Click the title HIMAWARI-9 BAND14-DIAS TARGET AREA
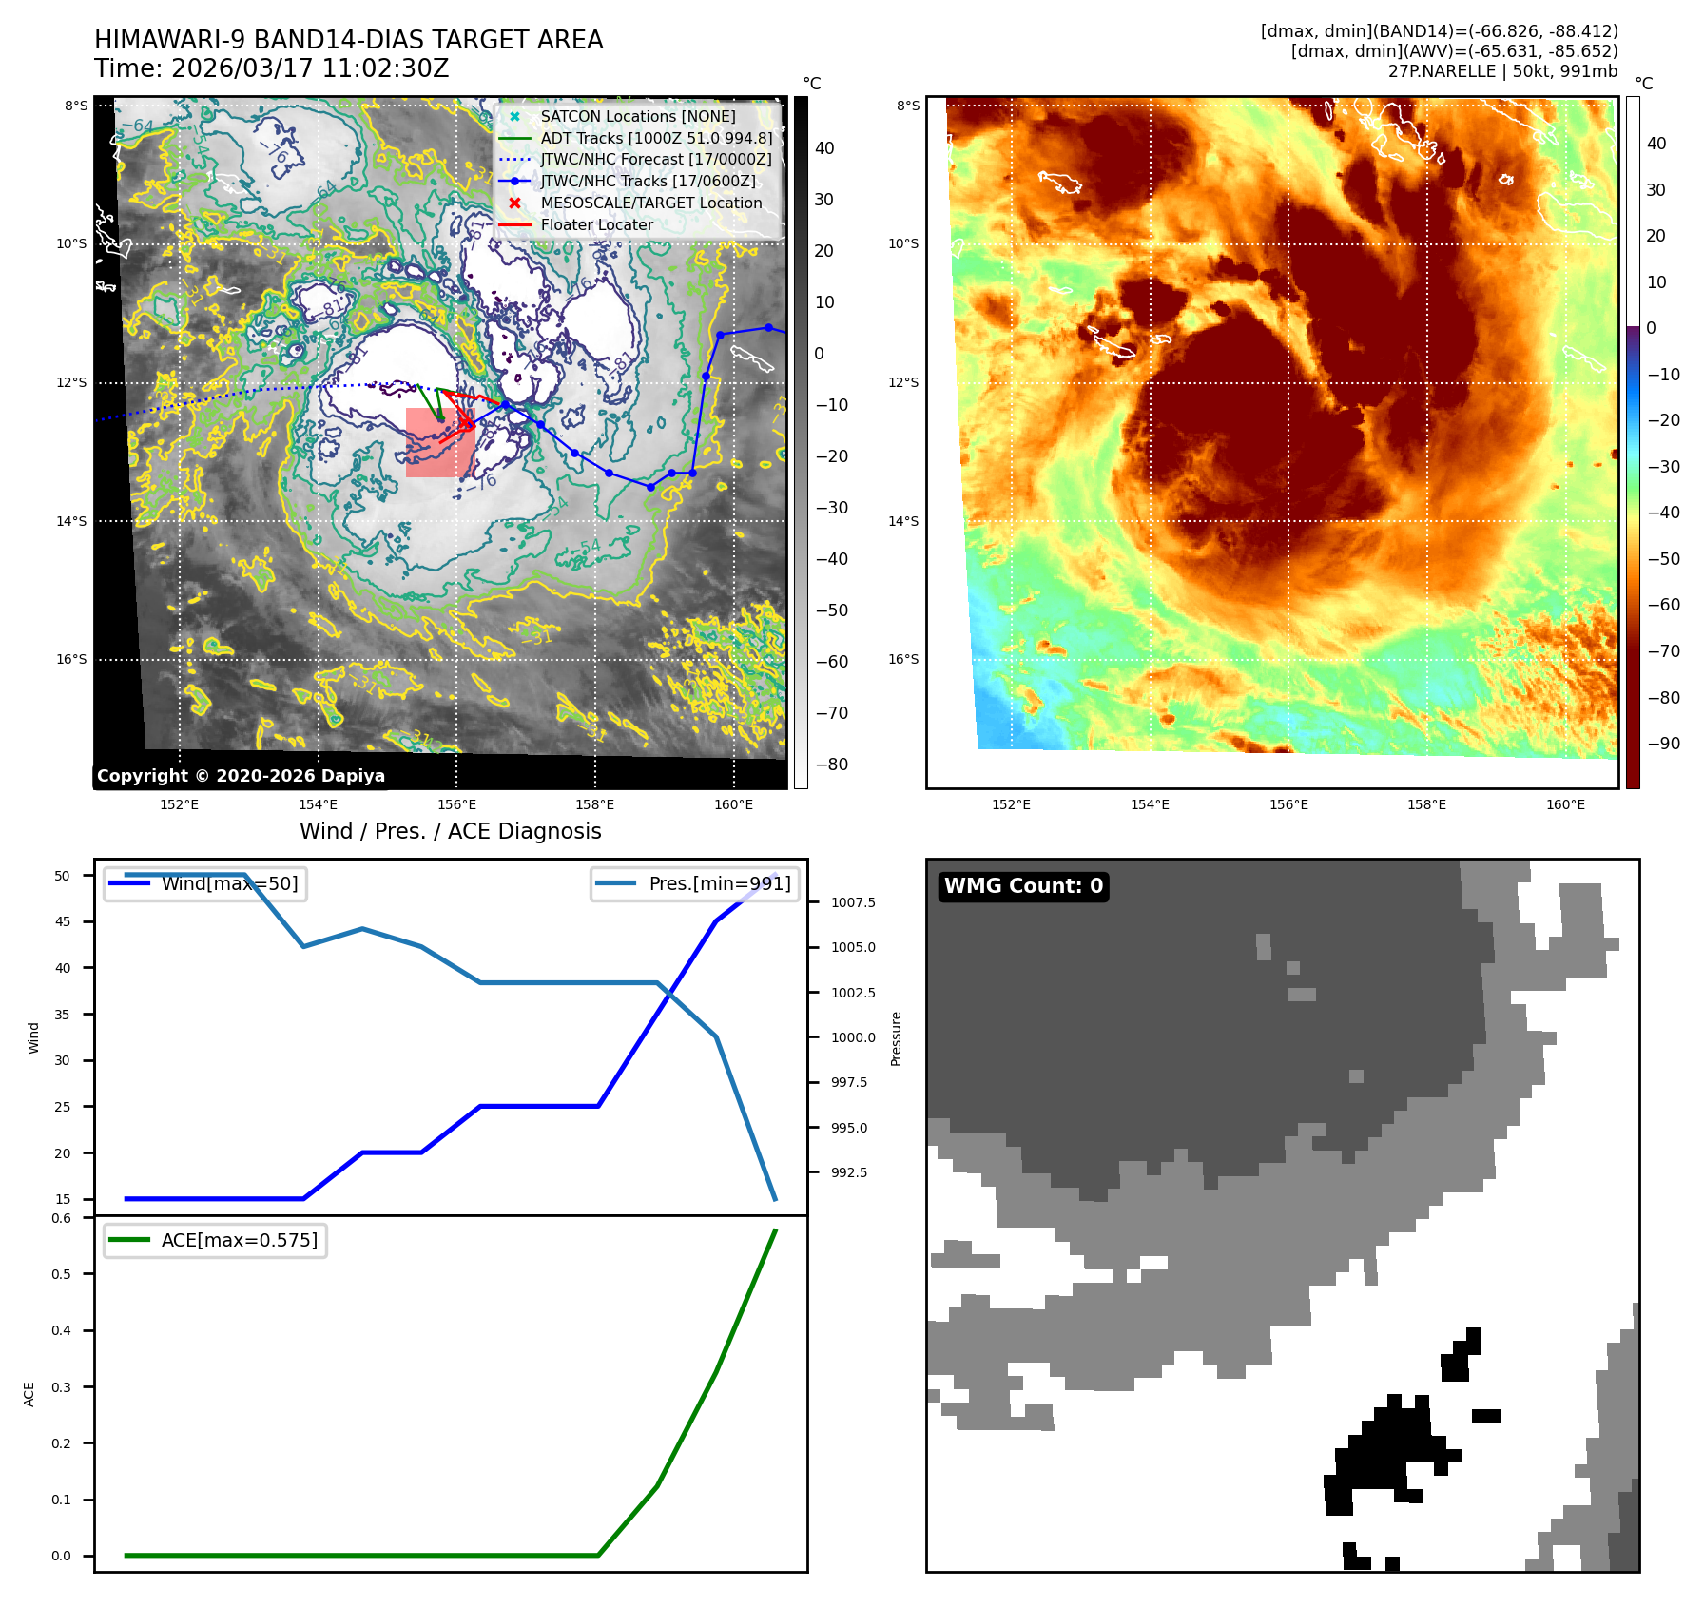pos(348,40)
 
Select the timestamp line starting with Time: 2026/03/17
pos(271,68)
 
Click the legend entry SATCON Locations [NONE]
pos(637,116)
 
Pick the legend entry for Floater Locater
pos(596,224)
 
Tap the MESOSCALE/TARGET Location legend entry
pos(650,203)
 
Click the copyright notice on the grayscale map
pos(241,776)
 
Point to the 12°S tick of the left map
pos(71,382)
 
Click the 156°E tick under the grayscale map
pos(456,804)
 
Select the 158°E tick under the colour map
pos(1426,804)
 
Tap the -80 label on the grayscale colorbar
pos(831,765)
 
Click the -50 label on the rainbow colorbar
pos(1663,559)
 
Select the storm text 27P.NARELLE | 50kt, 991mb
pos(1502,71)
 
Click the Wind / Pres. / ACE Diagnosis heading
pos(450,831)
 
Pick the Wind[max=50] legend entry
pos(229,883)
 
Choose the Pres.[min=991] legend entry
pos(719,883)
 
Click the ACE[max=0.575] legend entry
pos(239,1240)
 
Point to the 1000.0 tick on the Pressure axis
pos(853,1037)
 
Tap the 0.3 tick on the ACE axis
pos(62,1386)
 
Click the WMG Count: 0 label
pos(1023,886)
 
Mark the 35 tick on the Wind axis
pos(63,1015)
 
